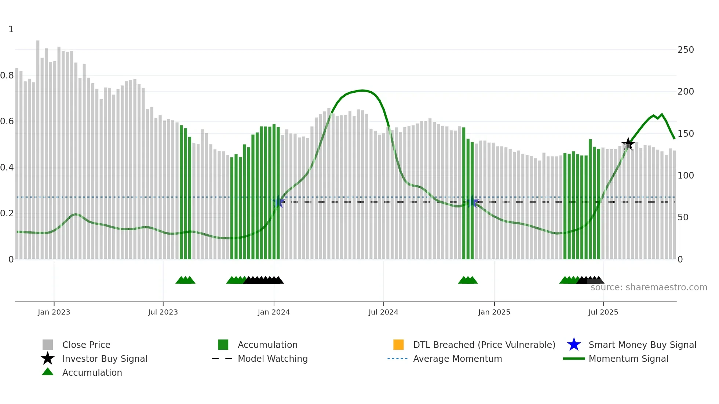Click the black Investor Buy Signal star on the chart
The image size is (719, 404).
tap(628, 144)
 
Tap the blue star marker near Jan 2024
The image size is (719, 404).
tap(278, 202)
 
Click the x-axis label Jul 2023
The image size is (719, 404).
tap(163, 312)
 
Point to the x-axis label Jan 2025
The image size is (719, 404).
tap(494, 312)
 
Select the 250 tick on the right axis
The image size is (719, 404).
tap(686, 50)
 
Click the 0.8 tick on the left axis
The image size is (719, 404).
tap(7, 76)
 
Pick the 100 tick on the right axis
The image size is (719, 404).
tap(686, 176)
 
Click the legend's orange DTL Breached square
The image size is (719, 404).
tap(398, 345)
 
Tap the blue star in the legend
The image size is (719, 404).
tap(574, 345)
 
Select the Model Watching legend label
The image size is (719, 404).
tap(273, 359)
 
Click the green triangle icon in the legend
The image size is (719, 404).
tap(48, 372)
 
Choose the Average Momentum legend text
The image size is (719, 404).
tap(457, 359)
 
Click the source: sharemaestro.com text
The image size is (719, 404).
tap(649, 287)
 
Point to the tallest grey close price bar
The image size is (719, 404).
tap(38, 147)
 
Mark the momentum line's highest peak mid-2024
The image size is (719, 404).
tap(362, 90)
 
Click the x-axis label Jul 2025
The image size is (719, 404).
tap(603, 312)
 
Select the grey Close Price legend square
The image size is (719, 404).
tap(48, 345)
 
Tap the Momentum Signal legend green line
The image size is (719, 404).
tap(574, 359)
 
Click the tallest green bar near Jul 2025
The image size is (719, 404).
tap(590, 198)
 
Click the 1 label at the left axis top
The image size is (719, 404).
tap(11, 29)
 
